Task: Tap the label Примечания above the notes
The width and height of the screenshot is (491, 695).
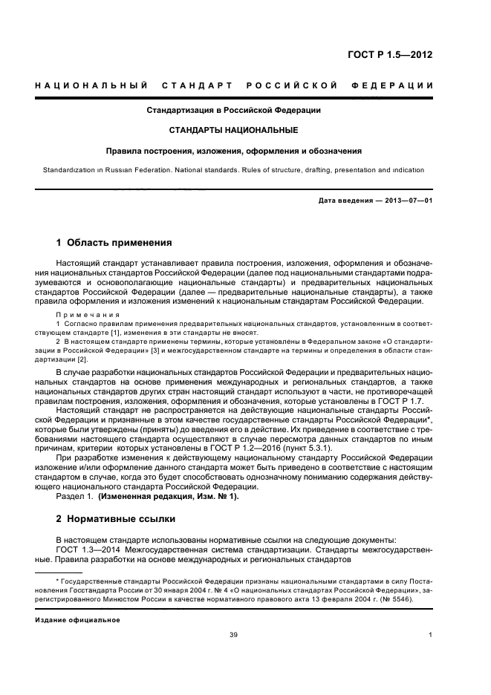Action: [x=85, y=316]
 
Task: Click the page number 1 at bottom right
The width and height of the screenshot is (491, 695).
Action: [x=431, y=635]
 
